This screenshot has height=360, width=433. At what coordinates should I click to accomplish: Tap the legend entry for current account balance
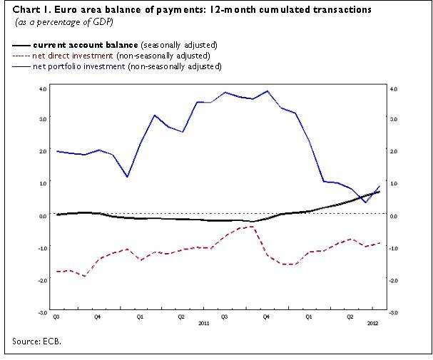(x=125, y=44)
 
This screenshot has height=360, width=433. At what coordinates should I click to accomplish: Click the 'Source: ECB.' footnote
(x=37, y=342)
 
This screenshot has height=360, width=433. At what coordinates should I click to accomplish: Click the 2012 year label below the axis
(x=372, y=323)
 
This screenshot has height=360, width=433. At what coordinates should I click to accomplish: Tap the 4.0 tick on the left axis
(x=43, y=88)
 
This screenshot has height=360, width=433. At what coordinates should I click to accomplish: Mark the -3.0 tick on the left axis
(x=42, y=312)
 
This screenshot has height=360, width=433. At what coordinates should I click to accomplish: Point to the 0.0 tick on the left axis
(x=43, y=216)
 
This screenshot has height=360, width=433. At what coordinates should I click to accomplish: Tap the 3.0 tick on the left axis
(x=43, y=120)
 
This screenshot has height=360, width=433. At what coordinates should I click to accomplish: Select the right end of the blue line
(x=379, y=186)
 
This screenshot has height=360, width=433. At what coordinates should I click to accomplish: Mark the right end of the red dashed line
(x=379, y=243)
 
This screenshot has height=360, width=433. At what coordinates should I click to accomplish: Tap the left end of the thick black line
(x=56, y=214)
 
